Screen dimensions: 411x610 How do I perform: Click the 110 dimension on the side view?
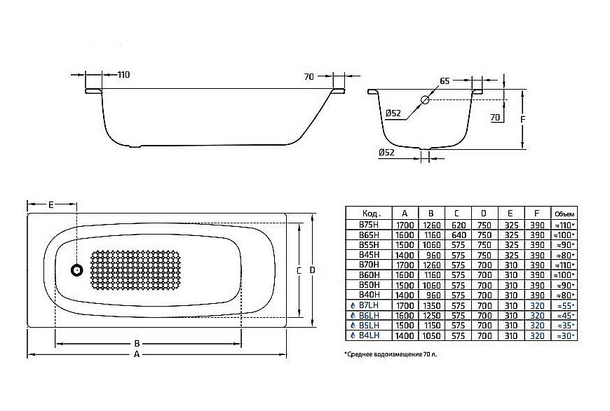[x=122, y=74]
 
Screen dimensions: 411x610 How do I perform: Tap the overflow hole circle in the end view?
[x=425, y=100]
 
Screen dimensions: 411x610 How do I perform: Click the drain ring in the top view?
[x=76, y=270]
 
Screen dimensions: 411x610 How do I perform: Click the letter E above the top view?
[x=51, y=205]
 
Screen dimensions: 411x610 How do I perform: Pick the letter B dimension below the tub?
[x=137, y=343]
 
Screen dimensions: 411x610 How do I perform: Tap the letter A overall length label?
[x=137, y=355]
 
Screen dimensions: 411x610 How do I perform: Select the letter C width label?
[x=299, y=270]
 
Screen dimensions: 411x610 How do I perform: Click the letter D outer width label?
[x=313, y=270]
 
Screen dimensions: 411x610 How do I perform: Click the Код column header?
[x=370, y=214]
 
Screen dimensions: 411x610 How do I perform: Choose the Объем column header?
[x=564, y=214]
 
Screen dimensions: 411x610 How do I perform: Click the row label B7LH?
[x=369, y=306]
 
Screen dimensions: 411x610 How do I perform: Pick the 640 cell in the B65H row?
[x=458, y=235]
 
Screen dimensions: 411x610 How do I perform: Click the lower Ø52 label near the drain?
[x=386, y=152]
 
